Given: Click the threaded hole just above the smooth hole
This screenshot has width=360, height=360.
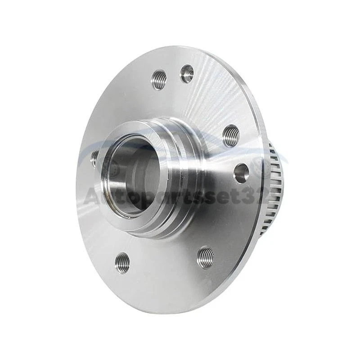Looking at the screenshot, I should pos(231,134).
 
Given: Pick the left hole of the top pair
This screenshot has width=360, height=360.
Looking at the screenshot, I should pos(159,80).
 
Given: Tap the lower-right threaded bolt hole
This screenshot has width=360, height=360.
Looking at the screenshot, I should pos(205,257).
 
